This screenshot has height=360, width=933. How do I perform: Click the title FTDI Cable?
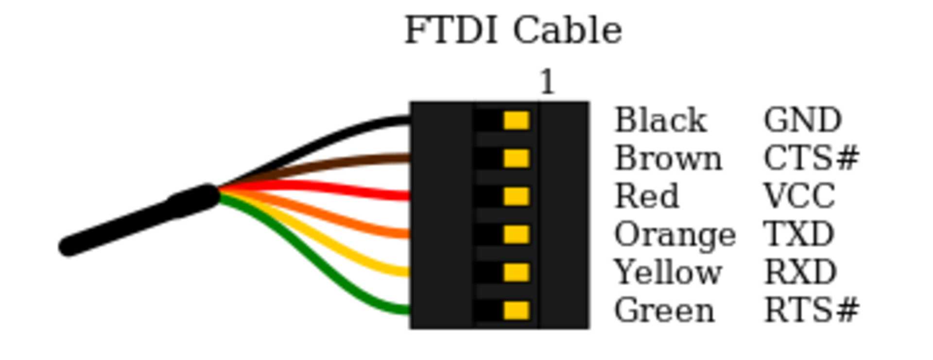[x=513, y=30]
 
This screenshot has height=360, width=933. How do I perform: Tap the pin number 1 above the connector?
[x=547, y=82]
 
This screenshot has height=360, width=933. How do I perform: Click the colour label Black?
[x=660, y=120]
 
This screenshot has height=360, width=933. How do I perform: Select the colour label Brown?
[x=668, y=158]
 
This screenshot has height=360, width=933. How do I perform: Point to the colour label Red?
[x=647, y=196]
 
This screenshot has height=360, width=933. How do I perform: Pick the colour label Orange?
[x=675, y=235]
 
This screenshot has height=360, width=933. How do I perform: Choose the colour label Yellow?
[x=668, y=272]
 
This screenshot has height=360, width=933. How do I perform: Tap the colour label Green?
[x=664, y=310]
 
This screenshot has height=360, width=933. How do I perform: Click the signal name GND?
[x=802, y=120]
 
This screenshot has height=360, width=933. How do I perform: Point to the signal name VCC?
[x=799, y=196]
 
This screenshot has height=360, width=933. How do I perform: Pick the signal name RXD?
[x=800, y=272]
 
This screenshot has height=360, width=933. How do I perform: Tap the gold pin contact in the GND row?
[x=516, y=120]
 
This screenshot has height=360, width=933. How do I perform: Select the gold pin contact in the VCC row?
[x=516, y=196]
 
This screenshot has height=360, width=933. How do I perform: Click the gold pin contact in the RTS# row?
[x=516, y=310]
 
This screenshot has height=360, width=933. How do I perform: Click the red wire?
[x=340, y=189]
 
